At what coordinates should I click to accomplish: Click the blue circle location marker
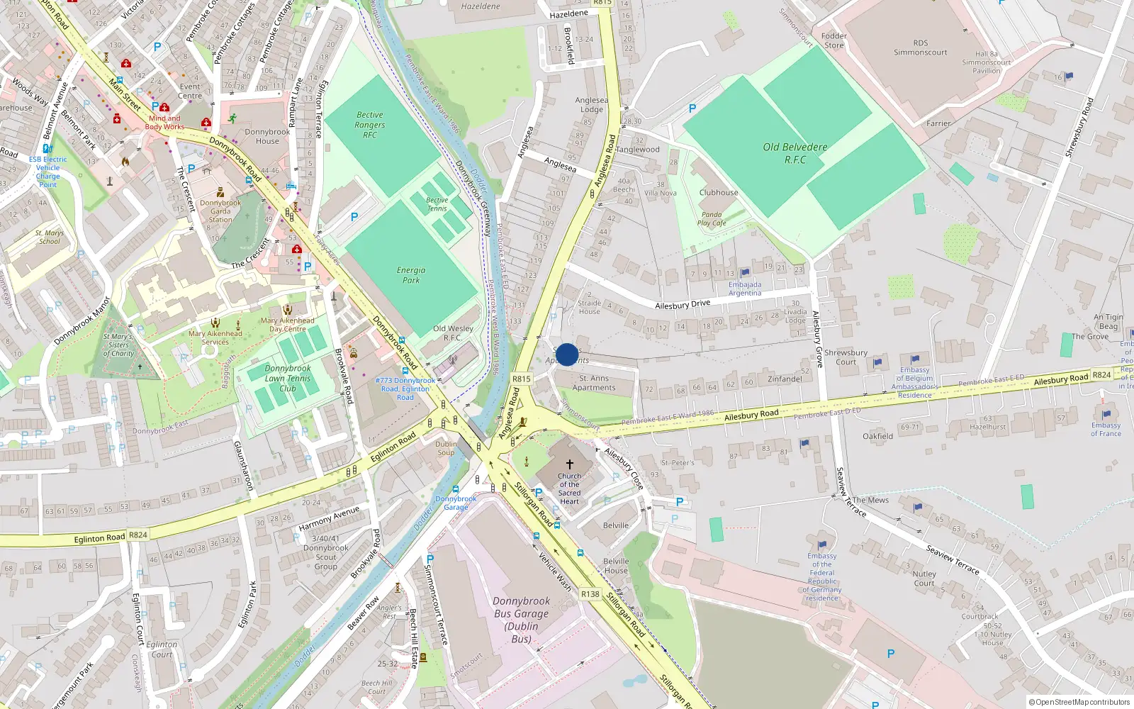tap(566, 354)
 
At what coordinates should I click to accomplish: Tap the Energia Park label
tap(411, 275)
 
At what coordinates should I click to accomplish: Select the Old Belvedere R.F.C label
tap(795, 153)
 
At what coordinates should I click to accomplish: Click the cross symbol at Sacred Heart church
tap(569, 464)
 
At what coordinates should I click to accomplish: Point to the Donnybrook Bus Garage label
tap(522, 620)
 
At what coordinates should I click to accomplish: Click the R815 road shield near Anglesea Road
tap(521, 379)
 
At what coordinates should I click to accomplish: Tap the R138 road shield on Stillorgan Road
tap(590, 594)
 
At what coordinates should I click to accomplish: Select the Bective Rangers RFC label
tap(370, 125)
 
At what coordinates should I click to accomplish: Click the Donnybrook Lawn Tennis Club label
tap(288, 379)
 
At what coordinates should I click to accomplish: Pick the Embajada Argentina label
tap(745, 289)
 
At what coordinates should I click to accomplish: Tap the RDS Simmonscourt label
tap(920, 48)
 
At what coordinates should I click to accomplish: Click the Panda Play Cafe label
tap(712, 218)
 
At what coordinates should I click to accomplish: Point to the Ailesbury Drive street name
tap(682, 305)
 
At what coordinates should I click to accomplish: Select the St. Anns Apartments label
tap(594, 383)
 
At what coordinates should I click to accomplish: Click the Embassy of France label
tap(1106, 429)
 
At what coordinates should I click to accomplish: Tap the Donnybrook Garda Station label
tap(220, 211)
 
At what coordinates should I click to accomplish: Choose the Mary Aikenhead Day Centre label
tap(287, 325)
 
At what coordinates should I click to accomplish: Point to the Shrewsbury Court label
tap(846, 357)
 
